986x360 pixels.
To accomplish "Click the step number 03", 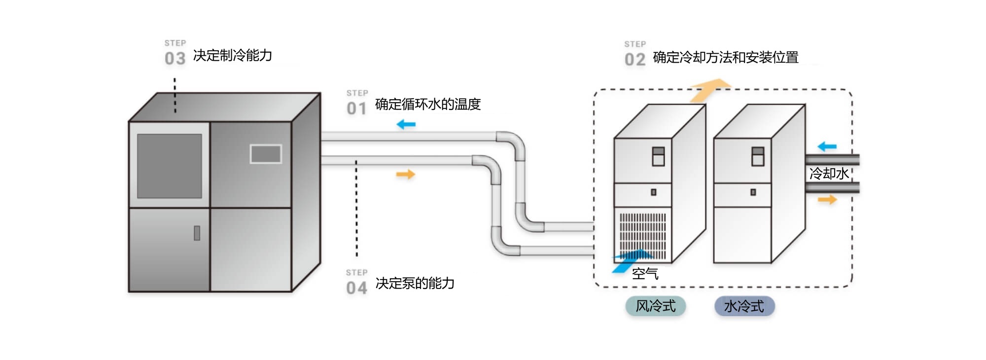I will pos(175,59).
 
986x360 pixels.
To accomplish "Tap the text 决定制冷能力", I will pos(232,56).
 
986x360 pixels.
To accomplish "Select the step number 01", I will pos(356,108).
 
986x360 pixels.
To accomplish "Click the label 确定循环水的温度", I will pos(427,105).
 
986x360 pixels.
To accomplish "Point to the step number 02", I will pos(635,60).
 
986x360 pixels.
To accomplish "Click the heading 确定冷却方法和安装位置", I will pos(725,58).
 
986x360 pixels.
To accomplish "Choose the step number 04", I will pos(356,288).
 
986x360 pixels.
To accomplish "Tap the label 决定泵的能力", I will pos(415,284).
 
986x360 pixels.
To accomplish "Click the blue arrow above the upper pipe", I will pos(406,124).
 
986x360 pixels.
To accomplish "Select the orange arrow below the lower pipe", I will pos(406,174).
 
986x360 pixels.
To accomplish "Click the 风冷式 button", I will pos(655,306).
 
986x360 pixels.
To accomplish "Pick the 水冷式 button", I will pos(744,306).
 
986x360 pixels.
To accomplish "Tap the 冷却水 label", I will pos(829,174).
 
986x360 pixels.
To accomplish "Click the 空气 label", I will pos(645,274).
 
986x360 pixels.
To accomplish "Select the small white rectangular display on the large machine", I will pos(266,154).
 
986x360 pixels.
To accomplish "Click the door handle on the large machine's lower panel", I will pos(197,233).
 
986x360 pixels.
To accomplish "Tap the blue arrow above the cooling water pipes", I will pos(827,146).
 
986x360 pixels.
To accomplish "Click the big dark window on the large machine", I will pos(169,166).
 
